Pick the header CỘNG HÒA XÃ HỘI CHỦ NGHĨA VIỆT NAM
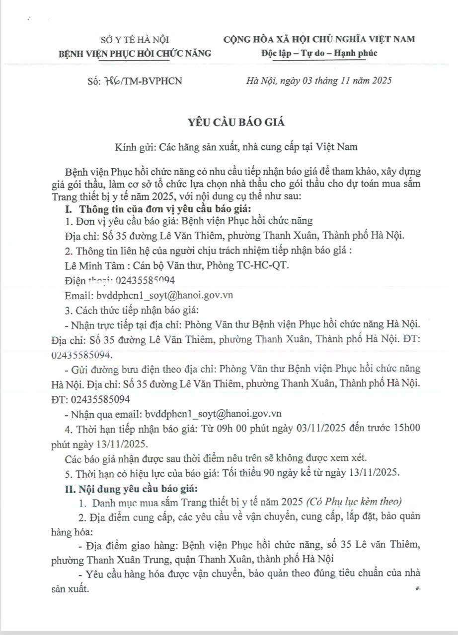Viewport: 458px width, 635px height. pyautogui.click(x=319, y=39)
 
